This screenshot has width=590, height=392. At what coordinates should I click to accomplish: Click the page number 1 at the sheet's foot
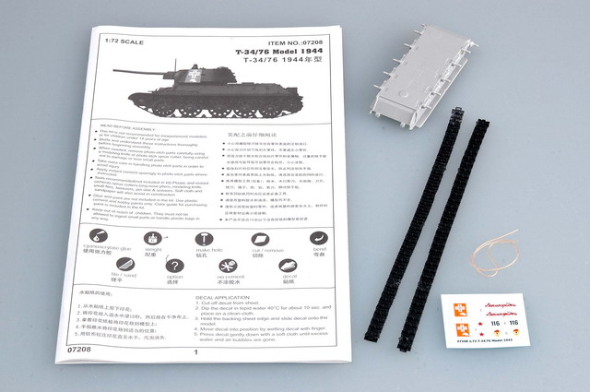click(196, 351)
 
